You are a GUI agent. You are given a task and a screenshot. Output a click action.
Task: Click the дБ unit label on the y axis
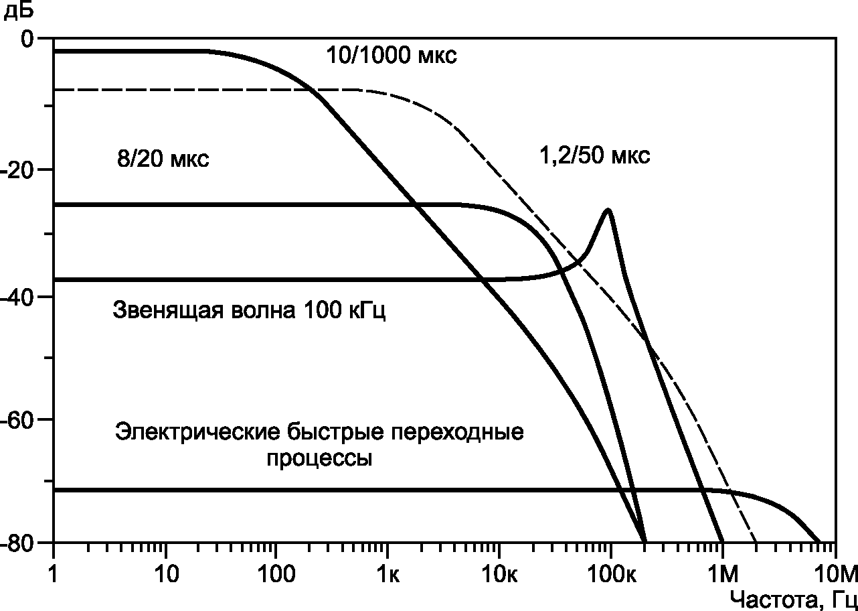click(18, 10)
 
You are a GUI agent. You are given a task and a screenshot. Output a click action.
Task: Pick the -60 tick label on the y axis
click(17, 419)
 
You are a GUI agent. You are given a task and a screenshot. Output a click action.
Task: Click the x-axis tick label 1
click(54, 575)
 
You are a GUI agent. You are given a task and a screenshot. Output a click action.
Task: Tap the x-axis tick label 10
click(167, 575)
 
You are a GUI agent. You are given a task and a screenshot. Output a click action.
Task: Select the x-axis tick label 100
click(276, 575)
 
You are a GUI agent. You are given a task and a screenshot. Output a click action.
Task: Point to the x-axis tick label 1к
click(388, 575)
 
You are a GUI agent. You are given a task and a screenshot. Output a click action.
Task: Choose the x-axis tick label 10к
click(499, 575)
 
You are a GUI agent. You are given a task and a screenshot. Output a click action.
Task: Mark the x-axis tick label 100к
click(612, 575)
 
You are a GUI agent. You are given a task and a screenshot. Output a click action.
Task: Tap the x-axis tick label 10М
click(836, 575)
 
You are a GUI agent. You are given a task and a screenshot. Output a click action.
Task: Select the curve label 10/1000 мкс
click(392, 56)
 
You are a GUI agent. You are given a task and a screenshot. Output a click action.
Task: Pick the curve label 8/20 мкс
click(163, 158)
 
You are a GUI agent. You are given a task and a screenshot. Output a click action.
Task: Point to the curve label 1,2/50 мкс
click(594, 155)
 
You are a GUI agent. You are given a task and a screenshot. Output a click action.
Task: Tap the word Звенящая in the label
click(168, 310)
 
